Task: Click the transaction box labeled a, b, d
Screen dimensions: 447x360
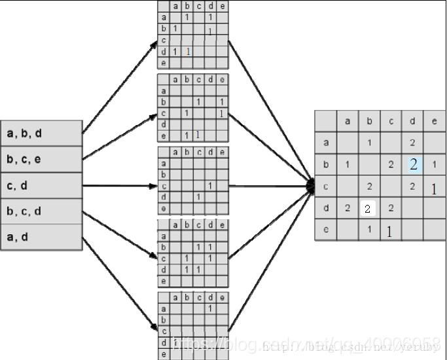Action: [41, 134]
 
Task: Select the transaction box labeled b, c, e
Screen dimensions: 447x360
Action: [41, 159]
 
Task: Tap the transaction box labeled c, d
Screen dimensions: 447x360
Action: [41, 185]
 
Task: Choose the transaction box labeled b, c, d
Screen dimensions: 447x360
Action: [41, 211]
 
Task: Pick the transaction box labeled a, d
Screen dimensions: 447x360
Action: [41, 236]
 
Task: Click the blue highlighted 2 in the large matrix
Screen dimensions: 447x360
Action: [413, 164]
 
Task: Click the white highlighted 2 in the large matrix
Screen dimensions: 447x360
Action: [368, 209]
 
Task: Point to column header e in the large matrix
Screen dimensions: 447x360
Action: [435, 120]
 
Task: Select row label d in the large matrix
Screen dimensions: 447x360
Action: [326, 209]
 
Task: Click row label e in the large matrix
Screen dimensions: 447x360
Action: [326, 230]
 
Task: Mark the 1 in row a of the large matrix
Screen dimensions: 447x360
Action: [369, 142]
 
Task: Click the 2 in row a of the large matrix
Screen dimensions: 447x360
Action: [413, 142]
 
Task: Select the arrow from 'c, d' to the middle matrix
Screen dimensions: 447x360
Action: [120, 185]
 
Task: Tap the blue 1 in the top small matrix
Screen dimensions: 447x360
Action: [188, 51]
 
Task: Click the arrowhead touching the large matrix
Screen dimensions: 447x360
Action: [311, 187]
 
